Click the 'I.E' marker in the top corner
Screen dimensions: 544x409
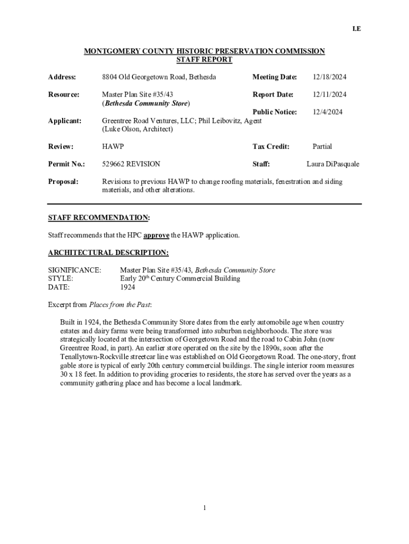[357, 29]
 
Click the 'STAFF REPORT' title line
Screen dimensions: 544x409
[204, 60]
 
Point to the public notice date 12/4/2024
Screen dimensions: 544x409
[327, 112]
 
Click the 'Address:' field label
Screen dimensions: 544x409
[62, 78]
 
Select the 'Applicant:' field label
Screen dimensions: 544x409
[65, 121]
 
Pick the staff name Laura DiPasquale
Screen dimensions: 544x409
[333, 164]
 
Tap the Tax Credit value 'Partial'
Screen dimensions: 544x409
[322, 147]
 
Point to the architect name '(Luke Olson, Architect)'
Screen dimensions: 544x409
[137, 130]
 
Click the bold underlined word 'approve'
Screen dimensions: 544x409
[156, 235]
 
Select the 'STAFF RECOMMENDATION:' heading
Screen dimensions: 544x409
[99, 218]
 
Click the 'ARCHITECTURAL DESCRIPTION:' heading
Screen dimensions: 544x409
[108, 253]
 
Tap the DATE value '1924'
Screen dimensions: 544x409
[127, 287]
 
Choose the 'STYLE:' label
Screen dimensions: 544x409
[61, 279]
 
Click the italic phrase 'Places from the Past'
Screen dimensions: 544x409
[120, 305]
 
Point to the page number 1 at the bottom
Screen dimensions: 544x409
[204, 508]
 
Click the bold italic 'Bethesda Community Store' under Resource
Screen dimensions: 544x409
[146, 103]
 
